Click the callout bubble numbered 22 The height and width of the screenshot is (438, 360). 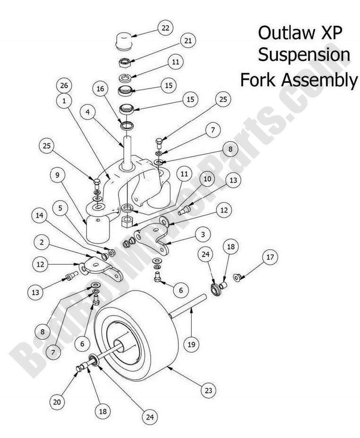tap(165, 28)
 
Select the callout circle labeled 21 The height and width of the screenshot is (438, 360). tap(188, 41)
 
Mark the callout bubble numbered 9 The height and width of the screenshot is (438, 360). tap(57, 175)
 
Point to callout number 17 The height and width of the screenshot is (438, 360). tap(270, 257)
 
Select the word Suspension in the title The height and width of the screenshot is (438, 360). tap(303, 56)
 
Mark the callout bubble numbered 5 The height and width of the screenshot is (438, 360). tap(60, 208)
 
